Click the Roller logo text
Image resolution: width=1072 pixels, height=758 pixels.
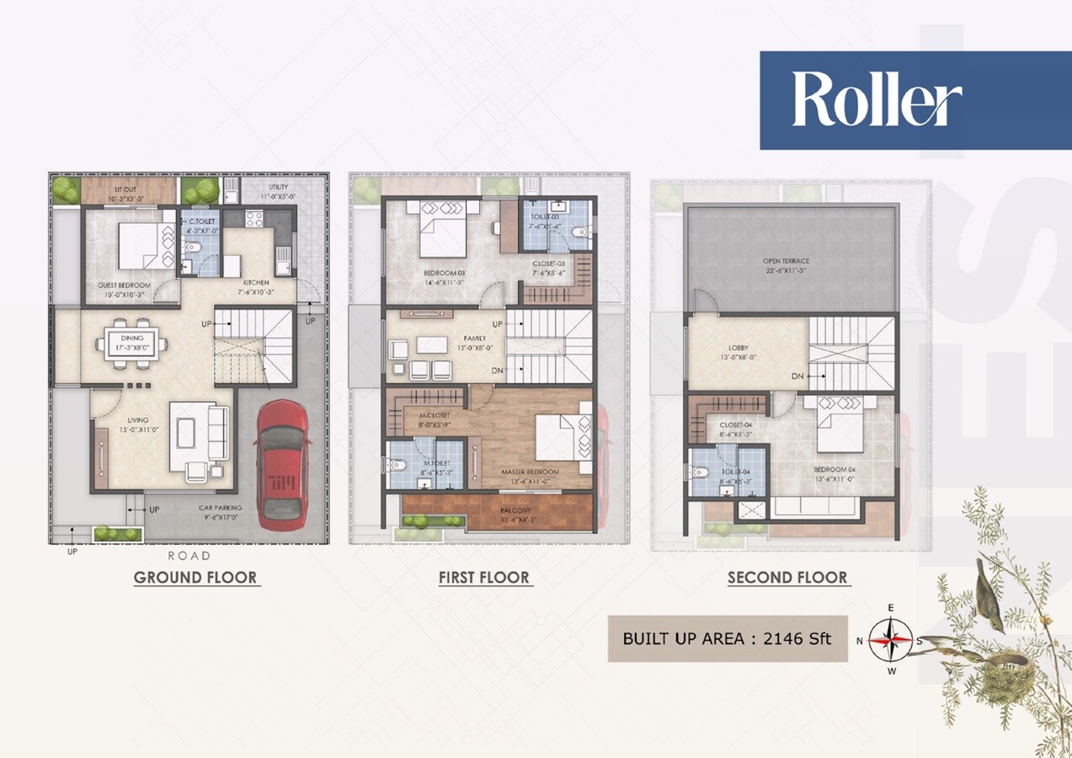coord(877,99)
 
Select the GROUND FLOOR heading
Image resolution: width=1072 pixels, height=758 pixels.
coord(195,578)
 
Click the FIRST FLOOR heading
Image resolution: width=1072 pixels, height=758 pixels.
coord(484,578)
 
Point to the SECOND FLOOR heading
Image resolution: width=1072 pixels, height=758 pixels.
coord(787,578)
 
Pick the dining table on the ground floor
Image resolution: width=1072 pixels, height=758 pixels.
coord(131,344)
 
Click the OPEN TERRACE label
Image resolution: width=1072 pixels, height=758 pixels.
coord(787,261)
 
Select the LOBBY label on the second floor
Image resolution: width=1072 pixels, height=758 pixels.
coord(738,348)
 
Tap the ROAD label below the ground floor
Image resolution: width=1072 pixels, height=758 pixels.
coord(189,556)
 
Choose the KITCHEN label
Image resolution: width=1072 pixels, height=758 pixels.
coord(255,282)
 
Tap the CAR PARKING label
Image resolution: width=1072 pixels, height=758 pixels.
coord(221,509)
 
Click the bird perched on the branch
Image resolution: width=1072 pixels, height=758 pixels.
coord(988,596)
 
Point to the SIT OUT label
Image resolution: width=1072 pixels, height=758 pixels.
coord(124,189)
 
